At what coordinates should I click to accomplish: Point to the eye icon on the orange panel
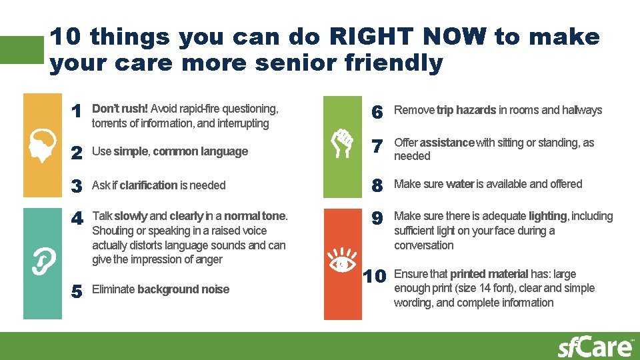tap(342, 263)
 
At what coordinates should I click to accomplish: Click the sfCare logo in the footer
tap(595, 347)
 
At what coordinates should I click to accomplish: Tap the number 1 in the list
tap(77, 111)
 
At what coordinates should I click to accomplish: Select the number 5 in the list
tap(77, 291)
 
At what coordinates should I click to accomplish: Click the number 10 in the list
tap(375, 276)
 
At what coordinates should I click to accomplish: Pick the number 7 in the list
tap(377, 145)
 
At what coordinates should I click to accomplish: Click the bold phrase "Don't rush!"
tap(120, 109)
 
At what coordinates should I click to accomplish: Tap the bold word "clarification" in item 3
tap(149, 185)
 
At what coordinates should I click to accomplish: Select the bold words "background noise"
tap(183, 289)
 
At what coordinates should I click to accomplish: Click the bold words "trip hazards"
tap(466, 110)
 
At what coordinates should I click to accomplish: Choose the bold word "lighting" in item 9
tap(548, 216)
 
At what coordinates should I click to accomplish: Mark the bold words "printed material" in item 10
tap(490, 274)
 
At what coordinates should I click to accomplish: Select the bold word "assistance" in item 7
tap(447, 143)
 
